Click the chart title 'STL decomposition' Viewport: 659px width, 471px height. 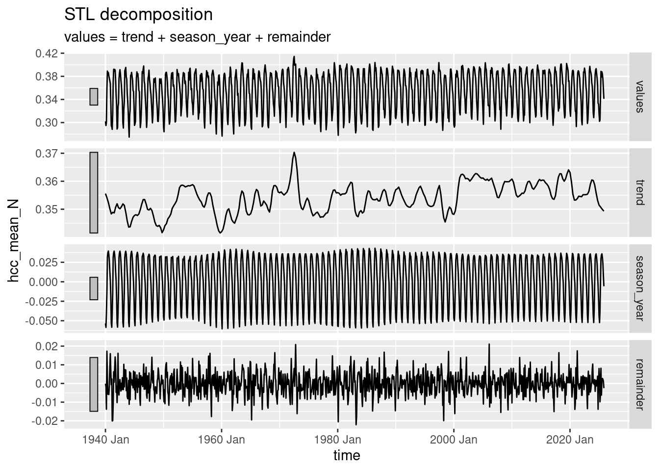[x=139, y=15]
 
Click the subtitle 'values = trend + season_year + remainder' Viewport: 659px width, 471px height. [x=198, y=37]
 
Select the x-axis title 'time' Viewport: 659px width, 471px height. [x=347, y=456]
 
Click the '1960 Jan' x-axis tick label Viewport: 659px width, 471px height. [x=222, y=439]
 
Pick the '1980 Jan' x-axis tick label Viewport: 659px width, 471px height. [x=338, y=439]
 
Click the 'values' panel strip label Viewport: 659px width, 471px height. [x=638, y=97]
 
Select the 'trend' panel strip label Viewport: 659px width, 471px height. [x=638, y=192]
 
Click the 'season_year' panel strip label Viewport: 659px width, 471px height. [x=638, y=288]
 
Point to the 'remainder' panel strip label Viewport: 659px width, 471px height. [x=638, y=384]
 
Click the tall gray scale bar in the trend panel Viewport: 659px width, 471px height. [x=94, y=192]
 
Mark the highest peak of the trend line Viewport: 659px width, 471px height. [x=294, y=153]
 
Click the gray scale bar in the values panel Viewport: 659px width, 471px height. [x=94, y=97]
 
